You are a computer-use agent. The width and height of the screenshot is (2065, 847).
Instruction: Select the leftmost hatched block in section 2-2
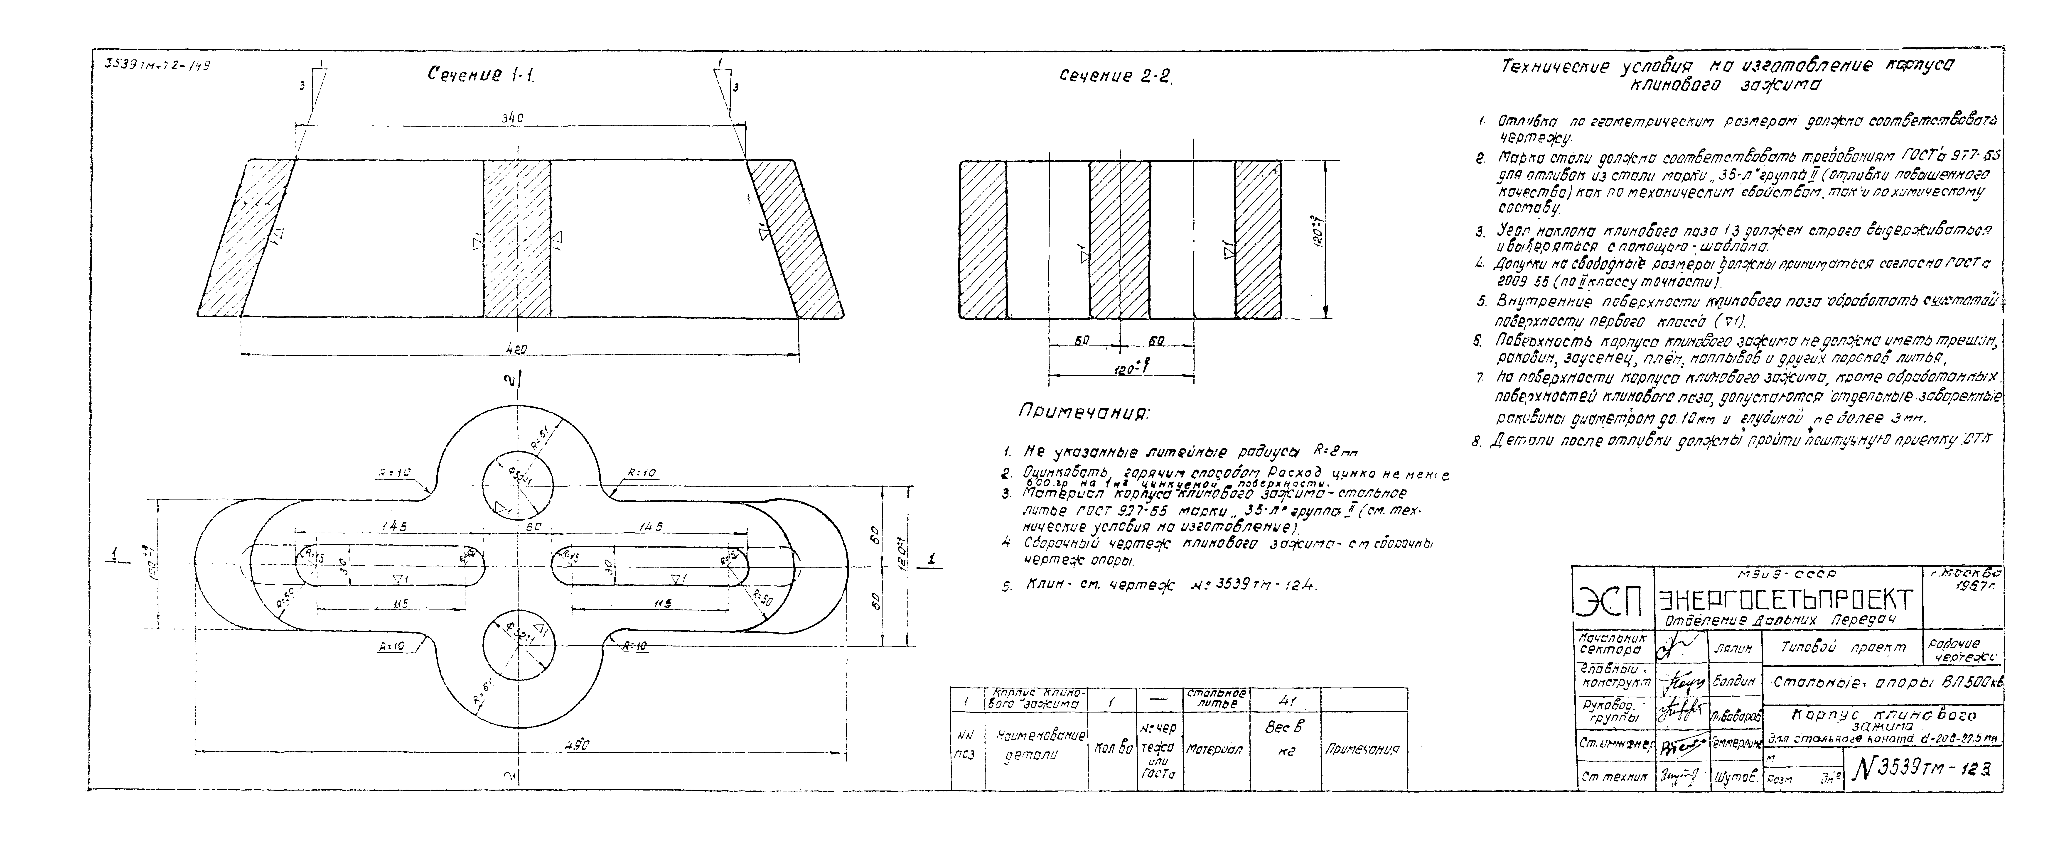983,240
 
